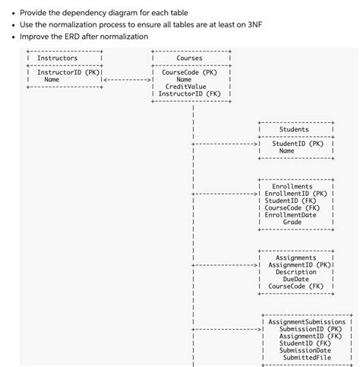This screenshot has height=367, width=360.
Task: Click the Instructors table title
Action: pyautogui.click(x=57, y=58)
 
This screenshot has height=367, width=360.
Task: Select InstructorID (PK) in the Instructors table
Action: pyautogui.click(x=65, y=72)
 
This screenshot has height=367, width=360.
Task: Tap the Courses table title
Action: pyautogui.click(x=189, y=58)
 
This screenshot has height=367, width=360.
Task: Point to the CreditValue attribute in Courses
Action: pyautogui.click(x=185, y=87)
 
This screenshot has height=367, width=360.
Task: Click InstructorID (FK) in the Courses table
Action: pyautogui.click(x=189, y=94)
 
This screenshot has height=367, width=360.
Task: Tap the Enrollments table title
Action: pyautogui.click(x=292, y=186)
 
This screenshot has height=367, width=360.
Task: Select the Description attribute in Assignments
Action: pyautogui.click(x=295, y=272)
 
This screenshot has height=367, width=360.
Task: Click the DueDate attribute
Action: pyautogui.click(x=295, y=279)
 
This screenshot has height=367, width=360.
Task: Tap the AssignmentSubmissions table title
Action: pyautogui.click(x=307, y=321)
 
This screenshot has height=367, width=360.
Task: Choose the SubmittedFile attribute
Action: pyautogui.click(x=307, y=357)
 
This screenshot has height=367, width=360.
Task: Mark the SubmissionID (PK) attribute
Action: pyautogui.click(x=311, y=328)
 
